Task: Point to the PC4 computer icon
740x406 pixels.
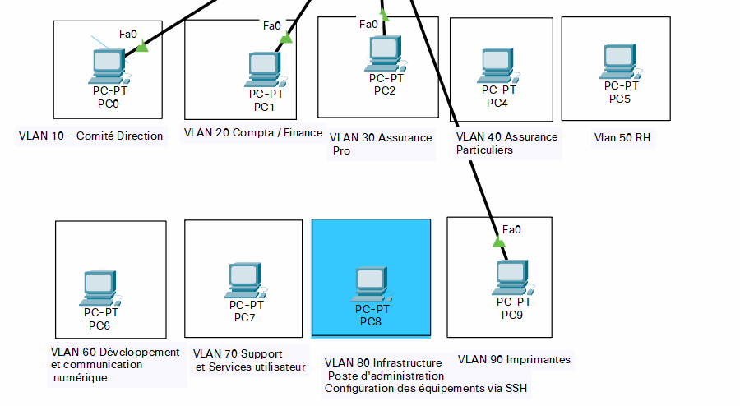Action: click(x=497, y=65)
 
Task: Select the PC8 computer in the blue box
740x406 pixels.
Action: click(x=371, y=284)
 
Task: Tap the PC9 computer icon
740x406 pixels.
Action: click(x=511, y=277)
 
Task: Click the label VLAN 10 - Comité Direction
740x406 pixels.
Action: click(x=90, y=136)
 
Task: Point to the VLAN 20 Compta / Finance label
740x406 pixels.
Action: click(x=253, y=132)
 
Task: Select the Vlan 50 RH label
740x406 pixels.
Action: click(x=622, y=138)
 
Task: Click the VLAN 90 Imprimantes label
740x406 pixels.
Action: click(x=514, y=359)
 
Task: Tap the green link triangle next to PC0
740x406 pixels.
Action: click(x=141, y=48)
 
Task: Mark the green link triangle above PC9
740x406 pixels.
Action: click(x=498, y=242)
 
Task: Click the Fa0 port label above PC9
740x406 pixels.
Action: click(x=511, y=229)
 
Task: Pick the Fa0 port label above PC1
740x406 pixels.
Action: click(x=272, y=25)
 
